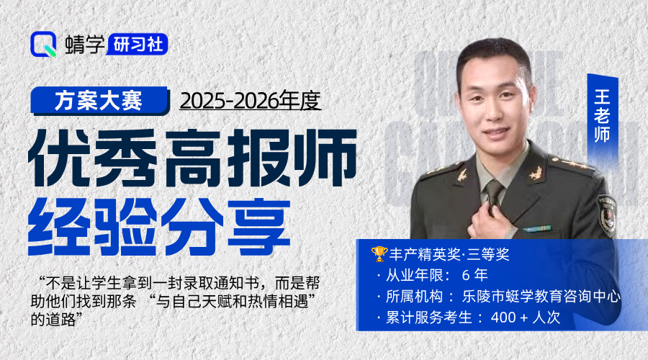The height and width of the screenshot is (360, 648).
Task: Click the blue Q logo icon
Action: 44,45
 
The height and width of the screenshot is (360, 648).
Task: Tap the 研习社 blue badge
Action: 139,45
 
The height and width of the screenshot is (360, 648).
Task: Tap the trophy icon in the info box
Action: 379,254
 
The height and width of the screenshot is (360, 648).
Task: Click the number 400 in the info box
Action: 503,317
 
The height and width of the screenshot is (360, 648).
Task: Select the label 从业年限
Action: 410,275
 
